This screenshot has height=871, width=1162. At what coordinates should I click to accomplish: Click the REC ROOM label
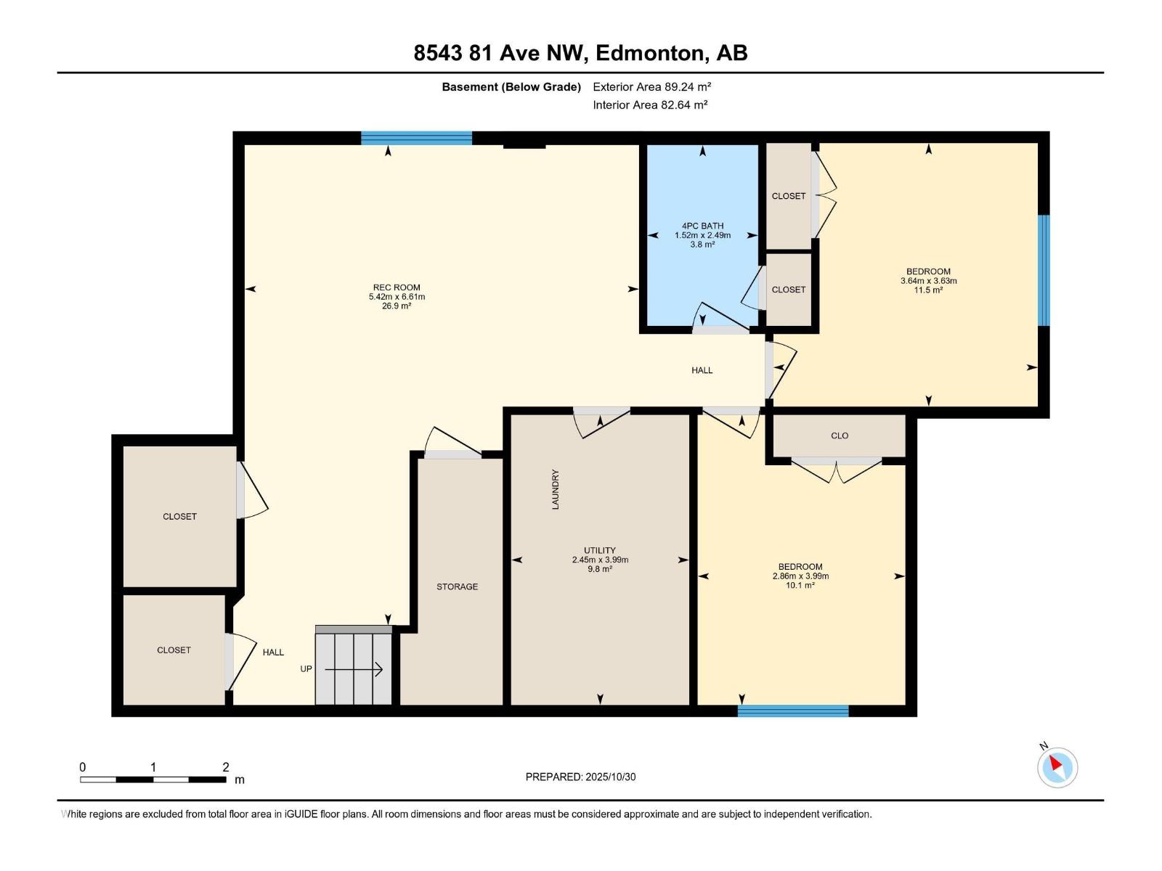click(x=397, y=287)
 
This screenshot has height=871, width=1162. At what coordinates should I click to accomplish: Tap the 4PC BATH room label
click(x=702, y=226)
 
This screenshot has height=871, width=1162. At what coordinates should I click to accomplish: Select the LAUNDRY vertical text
click(x=556, y=489)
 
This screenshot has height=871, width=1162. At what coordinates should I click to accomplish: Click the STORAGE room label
click(x=457, y=586)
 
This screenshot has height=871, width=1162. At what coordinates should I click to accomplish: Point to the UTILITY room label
click(x=599, y=550)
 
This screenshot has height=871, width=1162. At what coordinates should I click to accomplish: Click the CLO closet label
click(x=840, y=435)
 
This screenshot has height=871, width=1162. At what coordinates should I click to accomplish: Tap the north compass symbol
click(x=1057, y=767)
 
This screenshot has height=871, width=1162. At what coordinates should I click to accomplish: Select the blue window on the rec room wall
click(x=416, y=138)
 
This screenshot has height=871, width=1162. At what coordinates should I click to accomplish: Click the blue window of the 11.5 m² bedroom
click(x=1044, y=270)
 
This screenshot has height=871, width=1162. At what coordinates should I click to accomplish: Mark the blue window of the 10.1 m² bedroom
click(x=793, y=711)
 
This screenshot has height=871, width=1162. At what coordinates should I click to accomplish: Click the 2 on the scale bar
click(x=226, y=767)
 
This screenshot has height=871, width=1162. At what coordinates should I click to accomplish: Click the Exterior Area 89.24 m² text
click(x=651, y=86)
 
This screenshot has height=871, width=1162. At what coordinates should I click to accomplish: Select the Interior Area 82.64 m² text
click(x=650, y=105)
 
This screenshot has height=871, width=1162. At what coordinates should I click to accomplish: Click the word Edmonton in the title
click(x=650, y=53)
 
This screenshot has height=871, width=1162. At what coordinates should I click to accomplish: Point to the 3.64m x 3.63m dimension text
click(x=928, y=281)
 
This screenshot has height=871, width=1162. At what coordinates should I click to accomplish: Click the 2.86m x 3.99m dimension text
click(x=800, y=576)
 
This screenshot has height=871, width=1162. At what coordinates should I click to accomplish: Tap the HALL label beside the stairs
click(x=273, y=652)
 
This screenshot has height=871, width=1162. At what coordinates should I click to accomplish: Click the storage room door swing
click(x=449, y=442)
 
